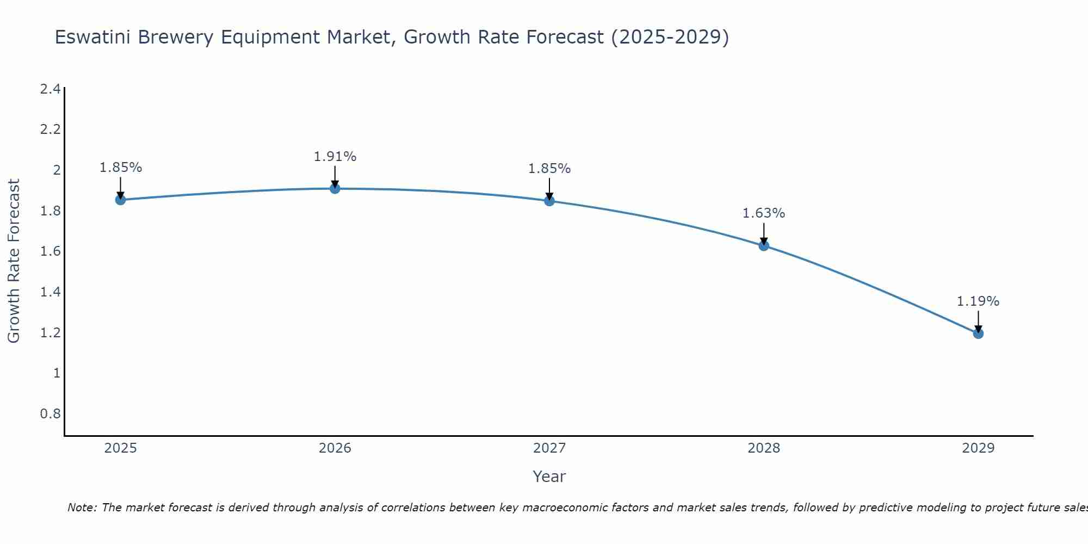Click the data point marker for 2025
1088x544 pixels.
coord(121,200)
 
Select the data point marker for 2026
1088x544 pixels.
coord(335,188)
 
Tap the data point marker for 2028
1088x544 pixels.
coord(764,245)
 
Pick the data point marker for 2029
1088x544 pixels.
coord(978,333)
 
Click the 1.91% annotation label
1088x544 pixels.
coord(335,157)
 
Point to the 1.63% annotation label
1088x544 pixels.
coord(764,213)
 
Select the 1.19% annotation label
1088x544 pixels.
coord(978,301)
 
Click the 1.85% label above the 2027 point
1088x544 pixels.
coord(549,169)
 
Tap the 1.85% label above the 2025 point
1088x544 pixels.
coord(121,168)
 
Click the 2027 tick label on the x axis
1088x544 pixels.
coord(549,448)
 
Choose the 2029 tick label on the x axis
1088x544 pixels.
coord(978,448)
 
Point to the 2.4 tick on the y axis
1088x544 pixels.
coord(51,89)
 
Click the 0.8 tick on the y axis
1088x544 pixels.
coord(51,414)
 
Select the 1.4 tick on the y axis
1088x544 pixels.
coord(51,292)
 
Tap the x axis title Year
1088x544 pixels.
coord(549,477)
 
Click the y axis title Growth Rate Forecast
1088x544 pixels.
coord(14,261)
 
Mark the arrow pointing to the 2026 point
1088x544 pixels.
coord(335,176)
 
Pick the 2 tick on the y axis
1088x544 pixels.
coord(56,170)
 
